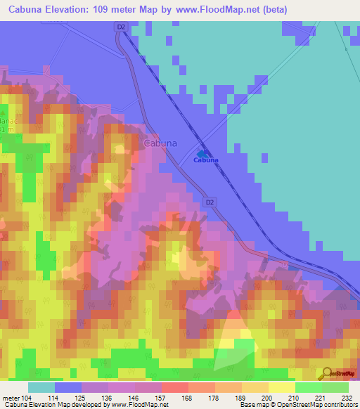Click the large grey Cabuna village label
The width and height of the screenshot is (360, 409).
[160, 143]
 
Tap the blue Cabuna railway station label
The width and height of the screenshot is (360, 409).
[205, 160]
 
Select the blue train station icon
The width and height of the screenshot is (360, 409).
[202, 152]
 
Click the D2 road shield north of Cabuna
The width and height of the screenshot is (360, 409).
[120, 27]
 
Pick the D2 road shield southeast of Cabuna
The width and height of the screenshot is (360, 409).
[209, 202]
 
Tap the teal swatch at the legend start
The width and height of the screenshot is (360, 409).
[41, 387]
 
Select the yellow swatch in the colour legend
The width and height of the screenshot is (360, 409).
[281, 387]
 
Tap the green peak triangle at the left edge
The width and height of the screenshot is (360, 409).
[2, 113]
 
